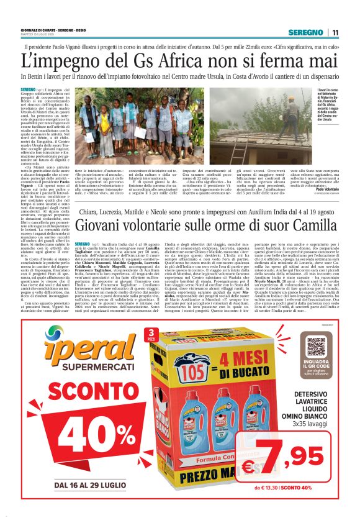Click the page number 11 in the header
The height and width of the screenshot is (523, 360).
(335, 32)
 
